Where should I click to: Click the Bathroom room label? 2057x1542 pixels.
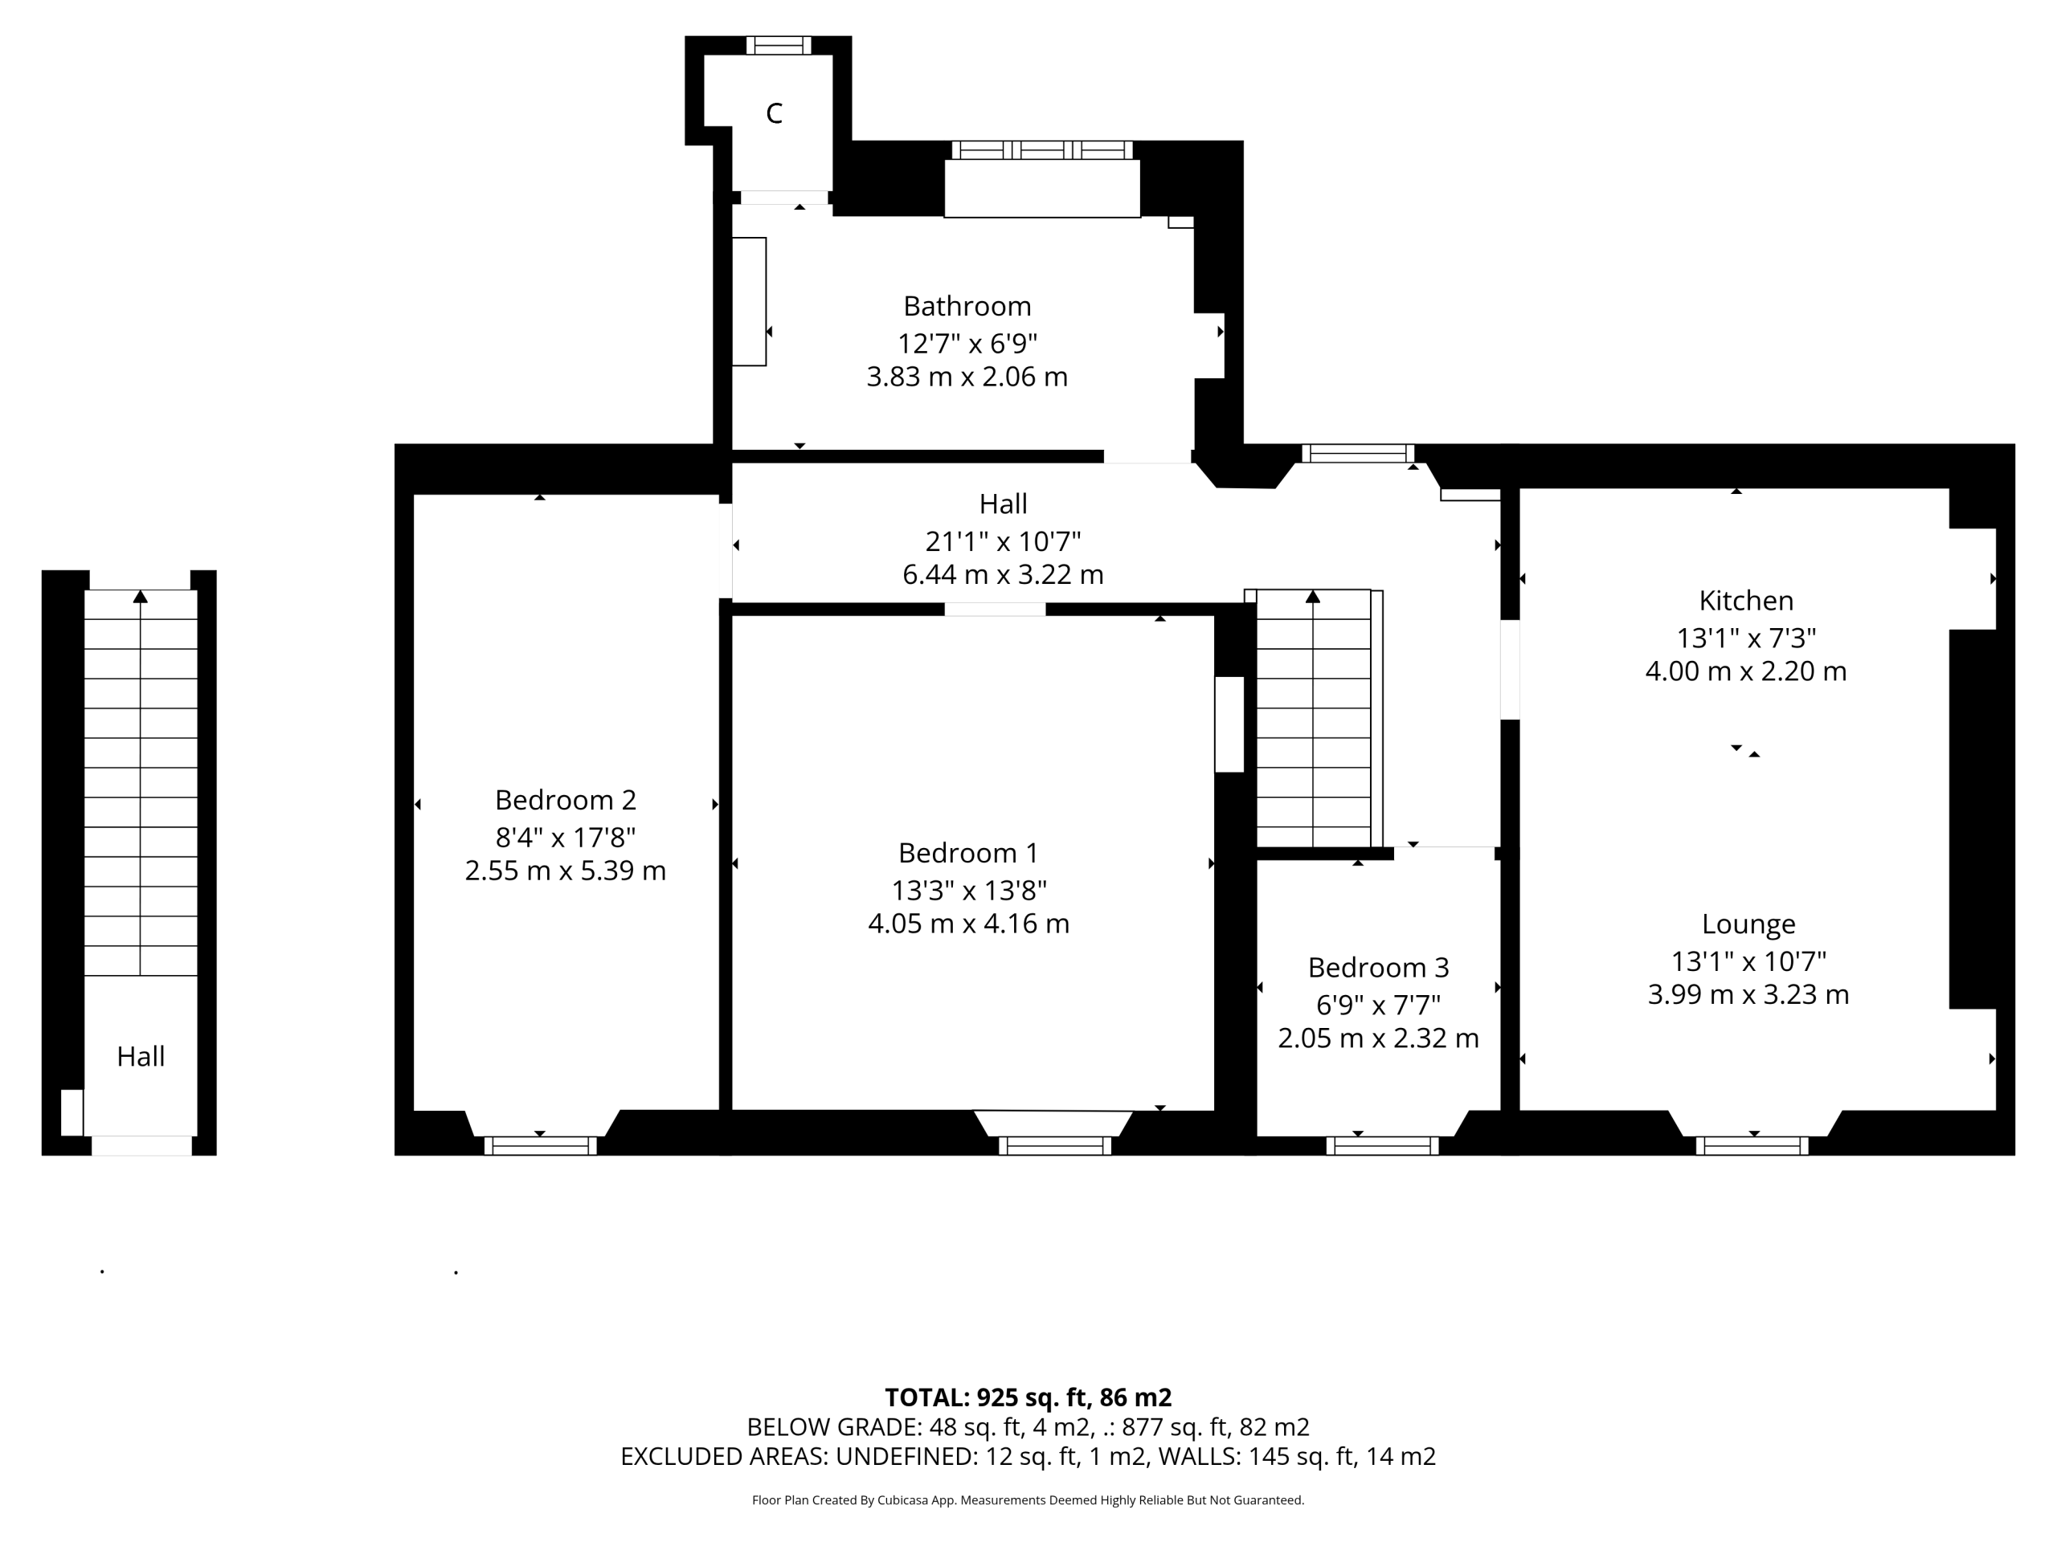coord(967,306)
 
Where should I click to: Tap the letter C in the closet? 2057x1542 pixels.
coord(774,113)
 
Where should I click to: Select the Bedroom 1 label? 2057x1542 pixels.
coord(968,852)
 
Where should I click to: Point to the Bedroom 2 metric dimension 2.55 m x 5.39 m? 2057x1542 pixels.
coord(566,871)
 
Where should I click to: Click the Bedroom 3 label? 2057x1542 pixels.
coord(1378,968)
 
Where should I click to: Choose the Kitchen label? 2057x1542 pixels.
coord(1745,601)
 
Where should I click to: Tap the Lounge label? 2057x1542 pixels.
coord(1748,924)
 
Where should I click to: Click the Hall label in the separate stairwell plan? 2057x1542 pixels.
coord(141,1056)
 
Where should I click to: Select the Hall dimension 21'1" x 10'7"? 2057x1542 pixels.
coord(1003,541)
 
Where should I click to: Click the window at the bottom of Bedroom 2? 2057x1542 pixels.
coord(540,1145)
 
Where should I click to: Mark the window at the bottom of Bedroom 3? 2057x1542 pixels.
coord(1382,1145)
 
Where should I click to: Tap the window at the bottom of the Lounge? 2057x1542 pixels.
coord(1752,1145)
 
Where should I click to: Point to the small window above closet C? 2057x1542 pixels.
coord(779,46)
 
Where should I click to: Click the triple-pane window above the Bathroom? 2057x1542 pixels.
coord(1041,149)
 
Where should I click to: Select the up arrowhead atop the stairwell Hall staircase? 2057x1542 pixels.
coord(141,596)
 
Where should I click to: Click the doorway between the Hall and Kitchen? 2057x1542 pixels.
coord(1510,669)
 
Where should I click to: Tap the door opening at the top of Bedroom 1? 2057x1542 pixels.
coord(995,610)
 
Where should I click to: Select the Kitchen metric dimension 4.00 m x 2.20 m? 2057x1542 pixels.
coord(1745,671)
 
